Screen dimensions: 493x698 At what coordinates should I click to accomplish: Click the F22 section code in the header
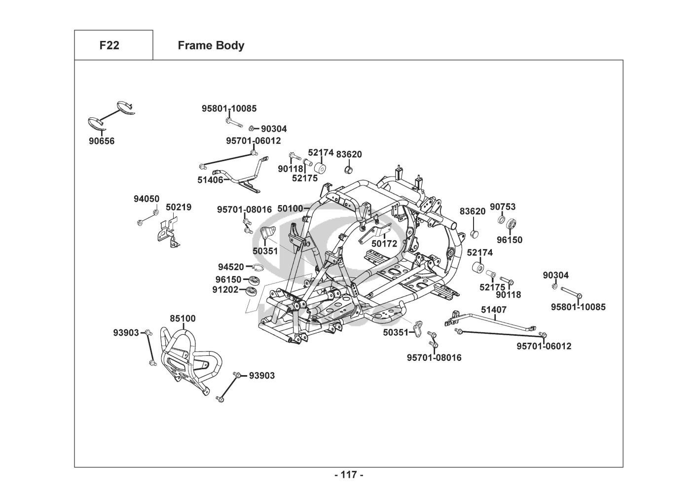[x=109, y=45]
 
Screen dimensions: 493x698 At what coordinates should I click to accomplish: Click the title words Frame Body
[x=211, y=45]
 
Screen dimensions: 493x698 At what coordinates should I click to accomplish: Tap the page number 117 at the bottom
[x=349, y=475]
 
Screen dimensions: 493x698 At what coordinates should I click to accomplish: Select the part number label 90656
[x=102, y=141]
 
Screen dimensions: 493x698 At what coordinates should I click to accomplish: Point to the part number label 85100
[x=183, y=319]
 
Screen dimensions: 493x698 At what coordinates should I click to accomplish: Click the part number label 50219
[x=179, y=208]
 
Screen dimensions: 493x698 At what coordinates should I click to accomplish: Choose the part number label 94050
[x=147, y=199]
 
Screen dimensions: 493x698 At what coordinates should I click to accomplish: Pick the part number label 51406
[x=210, y=180]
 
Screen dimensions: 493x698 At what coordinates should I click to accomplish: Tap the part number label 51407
[x=494, y=310]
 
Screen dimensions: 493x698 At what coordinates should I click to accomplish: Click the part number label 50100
[x=290, y=209]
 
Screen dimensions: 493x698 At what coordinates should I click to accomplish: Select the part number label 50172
[x=384, y=244]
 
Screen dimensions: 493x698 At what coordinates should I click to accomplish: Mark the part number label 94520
[x=231, y=267]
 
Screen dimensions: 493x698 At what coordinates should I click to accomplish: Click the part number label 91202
[x=225, y=290]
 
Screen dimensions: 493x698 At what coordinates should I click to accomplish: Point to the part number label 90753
[x=502, y=207]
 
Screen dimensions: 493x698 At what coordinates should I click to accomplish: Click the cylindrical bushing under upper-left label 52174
[x=321, y=168]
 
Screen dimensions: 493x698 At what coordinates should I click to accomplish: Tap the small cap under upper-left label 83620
[x=348, y=170]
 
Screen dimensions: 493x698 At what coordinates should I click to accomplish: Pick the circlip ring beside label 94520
[x=257, y=267]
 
